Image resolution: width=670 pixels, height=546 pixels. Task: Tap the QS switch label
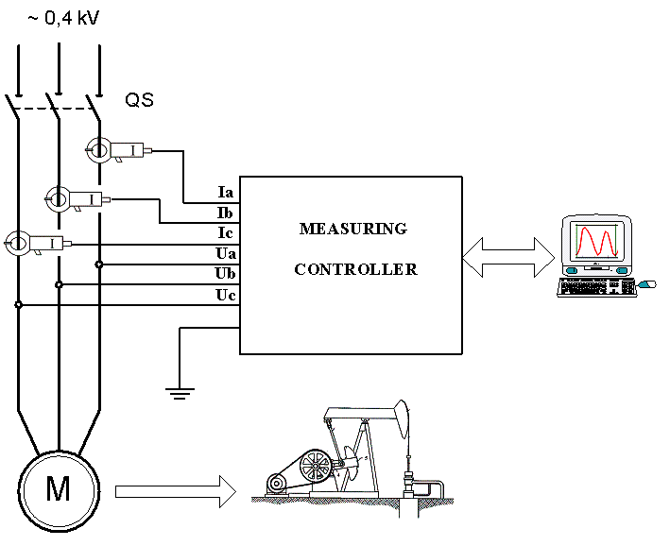click(x=139, y=99)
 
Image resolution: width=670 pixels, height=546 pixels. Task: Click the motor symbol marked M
click(x=59, y=488)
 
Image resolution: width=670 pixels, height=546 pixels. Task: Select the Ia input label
click(x=225, y=192)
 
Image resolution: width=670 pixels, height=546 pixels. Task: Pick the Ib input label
click(x=225, y=213)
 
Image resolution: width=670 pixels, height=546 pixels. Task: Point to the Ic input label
click(x=225, y=233)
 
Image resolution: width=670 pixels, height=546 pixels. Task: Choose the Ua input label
click(x=226, y=254)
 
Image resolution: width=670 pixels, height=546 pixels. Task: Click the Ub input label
click(x=226, y=275)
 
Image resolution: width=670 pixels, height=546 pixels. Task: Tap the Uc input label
click(x=226, y=296)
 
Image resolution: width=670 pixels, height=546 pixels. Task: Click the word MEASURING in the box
click(x=352, y=229)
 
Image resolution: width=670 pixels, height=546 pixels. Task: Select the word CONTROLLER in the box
click(x=355, y=269)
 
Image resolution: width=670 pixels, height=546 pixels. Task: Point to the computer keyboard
click(x=595, y=287)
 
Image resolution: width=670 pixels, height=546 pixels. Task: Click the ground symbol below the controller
click(x=180, y=391)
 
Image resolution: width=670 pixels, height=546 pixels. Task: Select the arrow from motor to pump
click(x=175, y=490)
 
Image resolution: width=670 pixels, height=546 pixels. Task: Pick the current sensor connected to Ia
click(x=118, y=149)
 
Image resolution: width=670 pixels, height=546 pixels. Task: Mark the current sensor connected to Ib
click(x=77, y=198)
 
